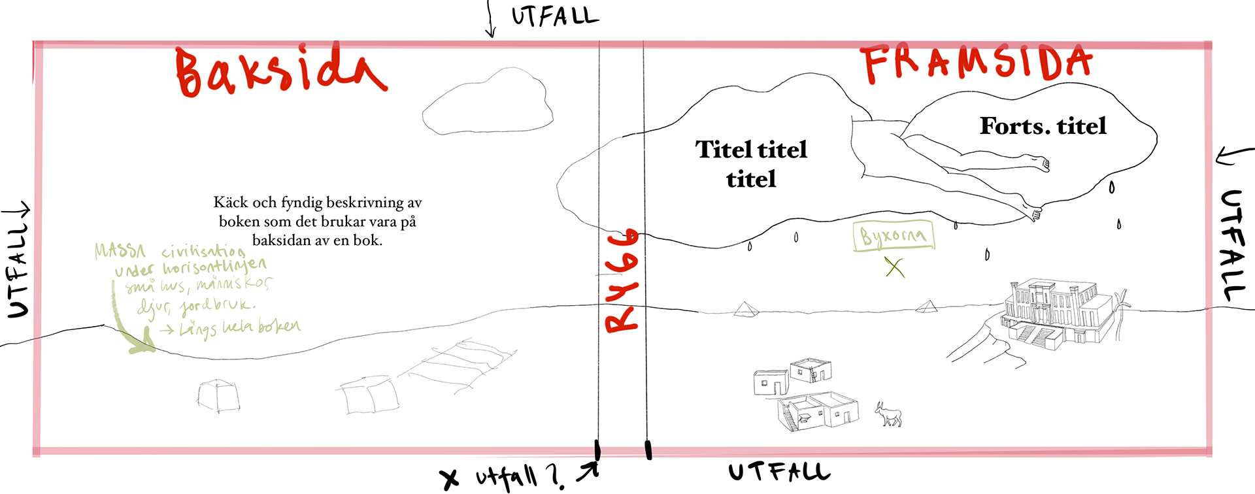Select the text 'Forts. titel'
click(x=1043, y=125)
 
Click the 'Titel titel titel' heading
click(x=751, y=164)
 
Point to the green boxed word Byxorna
click(x=893, y=236)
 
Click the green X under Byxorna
click(x=895, y=267)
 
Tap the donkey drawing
click(x=889, y=414)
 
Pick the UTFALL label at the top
click(x=554, y=16)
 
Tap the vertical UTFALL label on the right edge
click(x=1233, y=245)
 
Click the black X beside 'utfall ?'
click(x=450, y=479)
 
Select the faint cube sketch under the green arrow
click(x=218, y=396)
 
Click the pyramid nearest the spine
click(x=745, y=309)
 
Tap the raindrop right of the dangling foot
click(x=1111, y=188)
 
